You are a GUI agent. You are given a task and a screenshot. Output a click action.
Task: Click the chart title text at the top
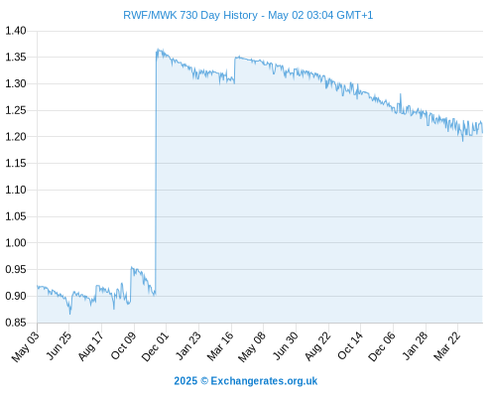pos(248,15)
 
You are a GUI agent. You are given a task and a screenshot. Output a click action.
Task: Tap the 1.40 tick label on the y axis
pos(16,31)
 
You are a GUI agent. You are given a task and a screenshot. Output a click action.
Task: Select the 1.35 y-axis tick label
pos(16,58)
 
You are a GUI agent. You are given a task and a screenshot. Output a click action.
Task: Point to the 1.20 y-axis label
pos(16,137)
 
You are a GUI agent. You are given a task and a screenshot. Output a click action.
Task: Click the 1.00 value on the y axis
pos(16,243)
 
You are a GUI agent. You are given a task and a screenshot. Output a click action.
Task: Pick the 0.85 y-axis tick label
pos(16,323)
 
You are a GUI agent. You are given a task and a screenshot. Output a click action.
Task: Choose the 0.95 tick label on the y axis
pos(16,269)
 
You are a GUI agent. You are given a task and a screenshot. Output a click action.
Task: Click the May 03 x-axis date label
pos(25,346)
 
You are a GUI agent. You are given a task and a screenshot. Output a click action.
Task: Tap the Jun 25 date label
pos(58,345)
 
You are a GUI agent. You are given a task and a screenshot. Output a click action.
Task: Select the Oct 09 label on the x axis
pos(123,346)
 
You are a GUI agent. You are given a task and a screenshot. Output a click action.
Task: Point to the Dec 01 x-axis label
pos(155,346)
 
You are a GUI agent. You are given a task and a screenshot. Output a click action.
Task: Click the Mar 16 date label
pos(220,346)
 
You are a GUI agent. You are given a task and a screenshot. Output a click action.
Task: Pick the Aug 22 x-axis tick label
pos(317,346)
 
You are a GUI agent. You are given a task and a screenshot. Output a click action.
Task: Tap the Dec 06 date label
pos(382,346)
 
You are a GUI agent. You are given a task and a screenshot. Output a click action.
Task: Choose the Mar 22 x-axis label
pos(446,346)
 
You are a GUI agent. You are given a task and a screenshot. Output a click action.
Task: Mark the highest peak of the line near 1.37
pos(158,49)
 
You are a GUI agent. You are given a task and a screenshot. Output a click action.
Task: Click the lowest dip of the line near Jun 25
pos(70,314)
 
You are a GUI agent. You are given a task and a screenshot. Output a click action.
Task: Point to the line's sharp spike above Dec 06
pos(401,94)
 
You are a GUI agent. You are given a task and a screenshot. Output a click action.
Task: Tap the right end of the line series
pos(482,133)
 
